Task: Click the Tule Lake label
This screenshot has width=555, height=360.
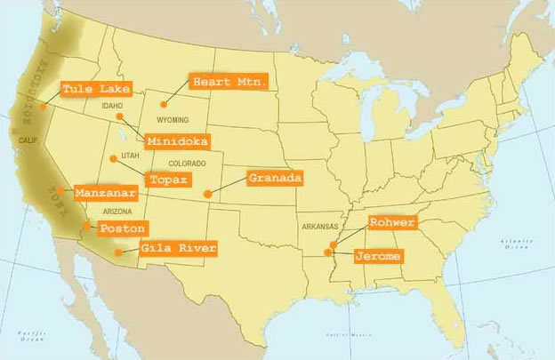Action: click(95, 89)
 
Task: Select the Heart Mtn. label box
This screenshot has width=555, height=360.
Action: click(230, 83)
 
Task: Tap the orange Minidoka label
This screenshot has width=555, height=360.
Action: click(178, 141)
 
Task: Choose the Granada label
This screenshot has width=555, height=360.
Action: click(275, 178)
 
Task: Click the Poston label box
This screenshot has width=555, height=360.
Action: click(122, 228)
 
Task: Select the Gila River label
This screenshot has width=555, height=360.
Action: click(177, 248)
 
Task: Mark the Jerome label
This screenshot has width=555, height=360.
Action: click(377, 256)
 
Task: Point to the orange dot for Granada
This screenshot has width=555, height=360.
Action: click(207, 193)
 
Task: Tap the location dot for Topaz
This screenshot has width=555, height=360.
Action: click(112, 158)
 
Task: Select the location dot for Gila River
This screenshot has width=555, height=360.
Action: click(119, 252)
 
